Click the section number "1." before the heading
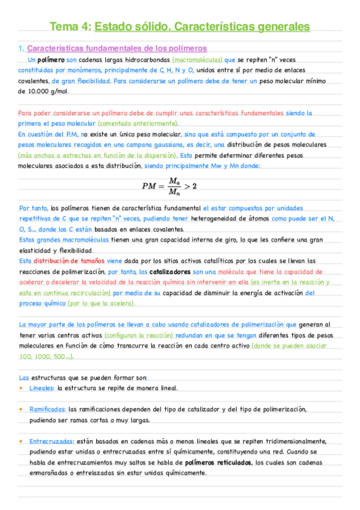[21, 48]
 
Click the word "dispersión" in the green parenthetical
[157, 156]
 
